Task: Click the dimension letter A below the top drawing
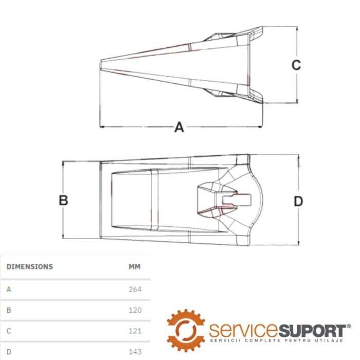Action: click(179, 127)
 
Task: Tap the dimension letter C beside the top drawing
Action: click(296, 65)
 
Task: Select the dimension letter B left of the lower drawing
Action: click(63, 200)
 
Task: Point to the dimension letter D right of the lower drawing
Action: click(298, 202)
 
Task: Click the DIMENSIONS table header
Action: click(30, 266)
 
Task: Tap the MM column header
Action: click(135, 266)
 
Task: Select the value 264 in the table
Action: click(135, 289)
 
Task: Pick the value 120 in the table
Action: click(135, 310)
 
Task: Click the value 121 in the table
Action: click(135, 331)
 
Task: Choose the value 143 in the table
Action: click(135, 351)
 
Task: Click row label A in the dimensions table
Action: click(9, 289)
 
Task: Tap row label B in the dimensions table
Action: click(9, 310)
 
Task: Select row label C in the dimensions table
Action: click(9, 331)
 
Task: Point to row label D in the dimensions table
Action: click(9, 351)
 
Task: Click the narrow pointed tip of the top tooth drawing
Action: click(101, 64)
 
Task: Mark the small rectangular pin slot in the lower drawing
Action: click(237, 200)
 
